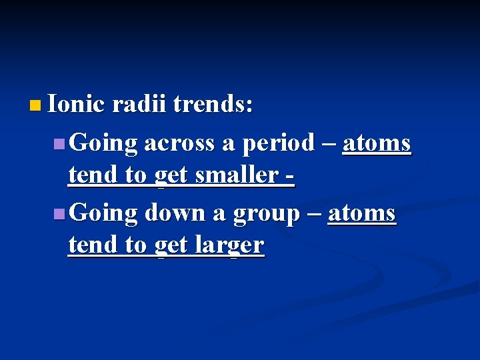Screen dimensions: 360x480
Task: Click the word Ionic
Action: coord(77,105)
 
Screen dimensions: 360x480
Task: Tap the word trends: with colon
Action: coord(213,105)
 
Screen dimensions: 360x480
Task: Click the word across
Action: coord(178,143)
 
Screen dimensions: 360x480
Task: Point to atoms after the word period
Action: coord(376,143)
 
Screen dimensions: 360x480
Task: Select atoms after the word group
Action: coord(362,213)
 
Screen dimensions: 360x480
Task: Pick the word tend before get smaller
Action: coord(91,175)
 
